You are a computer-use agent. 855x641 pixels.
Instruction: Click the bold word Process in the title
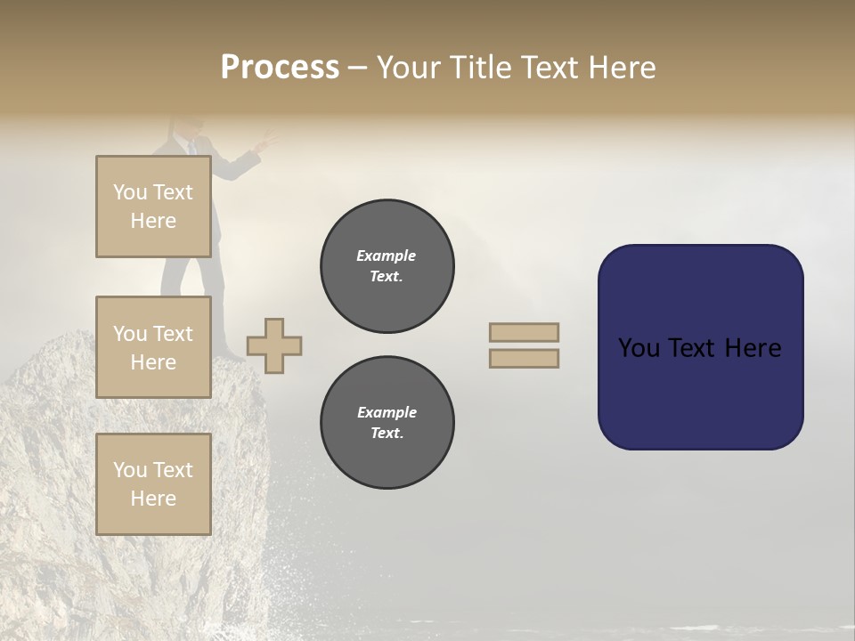tap(280, 68)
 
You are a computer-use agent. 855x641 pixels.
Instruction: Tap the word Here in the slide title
tap(623, 68)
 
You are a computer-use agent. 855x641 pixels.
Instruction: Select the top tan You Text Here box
tap(153, 207)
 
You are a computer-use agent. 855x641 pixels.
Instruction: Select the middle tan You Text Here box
tap(153, 347)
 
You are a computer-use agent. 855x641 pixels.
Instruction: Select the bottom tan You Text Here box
tap(153, 484)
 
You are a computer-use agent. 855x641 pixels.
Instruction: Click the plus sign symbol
tap(274, 345)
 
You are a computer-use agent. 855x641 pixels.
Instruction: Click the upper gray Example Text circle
tap(387, 266)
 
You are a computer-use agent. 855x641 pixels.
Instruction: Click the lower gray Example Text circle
tap(387, 423)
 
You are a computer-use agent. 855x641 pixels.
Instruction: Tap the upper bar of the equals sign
tap(524, 332)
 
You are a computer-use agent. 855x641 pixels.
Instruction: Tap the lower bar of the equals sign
tap(524, 358)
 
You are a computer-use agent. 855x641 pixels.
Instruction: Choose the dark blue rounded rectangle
tap(700, 392)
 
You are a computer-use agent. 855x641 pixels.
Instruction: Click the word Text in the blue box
tap(699, 348)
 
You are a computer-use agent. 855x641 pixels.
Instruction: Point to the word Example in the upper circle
tap(387, 256)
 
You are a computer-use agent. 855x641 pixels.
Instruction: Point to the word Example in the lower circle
tap(387, 412)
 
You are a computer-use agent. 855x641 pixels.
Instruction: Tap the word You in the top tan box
tap(129, 192)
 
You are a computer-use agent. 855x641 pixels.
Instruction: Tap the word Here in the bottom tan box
tap(153, 499)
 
